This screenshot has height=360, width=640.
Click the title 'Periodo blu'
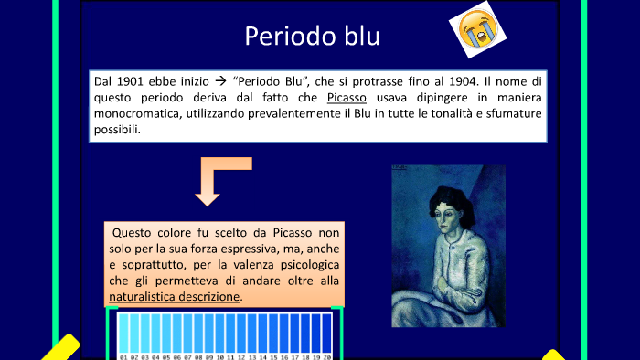coord(312,37)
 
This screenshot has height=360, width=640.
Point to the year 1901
coord(133,81)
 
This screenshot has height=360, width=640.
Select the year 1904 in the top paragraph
coord(459,81)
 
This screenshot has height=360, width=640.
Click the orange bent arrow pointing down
coord(217,178)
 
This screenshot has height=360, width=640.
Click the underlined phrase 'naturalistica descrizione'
coord(175,297)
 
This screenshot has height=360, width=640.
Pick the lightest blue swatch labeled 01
coord(123,333)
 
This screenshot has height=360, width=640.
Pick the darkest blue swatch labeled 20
coord(327,333)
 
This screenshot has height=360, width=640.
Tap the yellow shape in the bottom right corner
coord(554,354)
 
